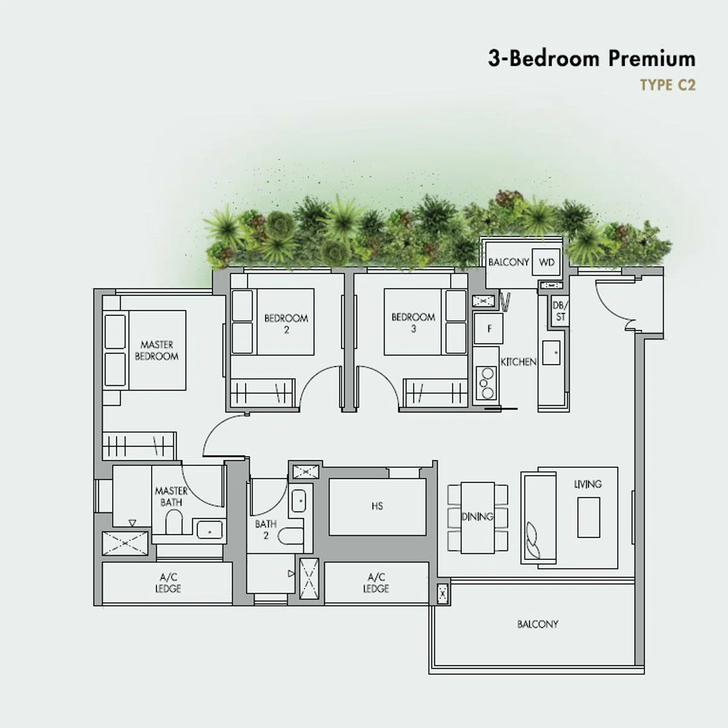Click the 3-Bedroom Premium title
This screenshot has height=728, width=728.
pyautogui.click(x=591, y=59)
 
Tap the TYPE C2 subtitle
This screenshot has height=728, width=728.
pyautogui.click(x=667, y=86)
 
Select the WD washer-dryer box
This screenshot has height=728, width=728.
pyautogui.click(x=546, y=262)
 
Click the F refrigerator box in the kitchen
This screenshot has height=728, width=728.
pyautogui.click(x=488, y=328)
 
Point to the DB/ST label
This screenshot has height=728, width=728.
pyautogui.click(x=560, y=311)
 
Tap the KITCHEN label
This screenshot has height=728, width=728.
pyautogui.click(x=518, y=362)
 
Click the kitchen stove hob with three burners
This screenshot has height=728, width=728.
pyautogui.click(x=487, y=383)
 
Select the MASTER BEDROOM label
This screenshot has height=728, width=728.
pyautogui.click(x=157, y=350)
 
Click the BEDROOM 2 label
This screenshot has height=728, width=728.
pyautogui.click(x=286, y=324)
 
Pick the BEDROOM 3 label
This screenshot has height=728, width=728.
pyautogui.click(x=413, y=323)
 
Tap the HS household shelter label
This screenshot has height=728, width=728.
pyautogui.click(x=377, y=506)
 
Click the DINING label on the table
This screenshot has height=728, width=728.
pyautogui.click(x=477, y=516)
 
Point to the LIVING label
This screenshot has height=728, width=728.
pyautogui.click(x=587, y=484)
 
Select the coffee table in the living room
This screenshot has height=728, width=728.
pyautogui.click(x=588, y=517)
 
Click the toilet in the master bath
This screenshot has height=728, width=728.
pyautogui.click(x=174, y=522)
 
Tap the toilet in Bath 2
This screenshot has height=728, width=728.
pyautogui.click(x=291, y=536)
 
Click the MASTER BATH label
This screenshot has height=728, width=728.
pyautogui.click(x=171, y=496)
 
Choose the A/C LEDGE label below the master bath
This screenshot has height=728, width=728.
pyautogui.click(x=168, y=583)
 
